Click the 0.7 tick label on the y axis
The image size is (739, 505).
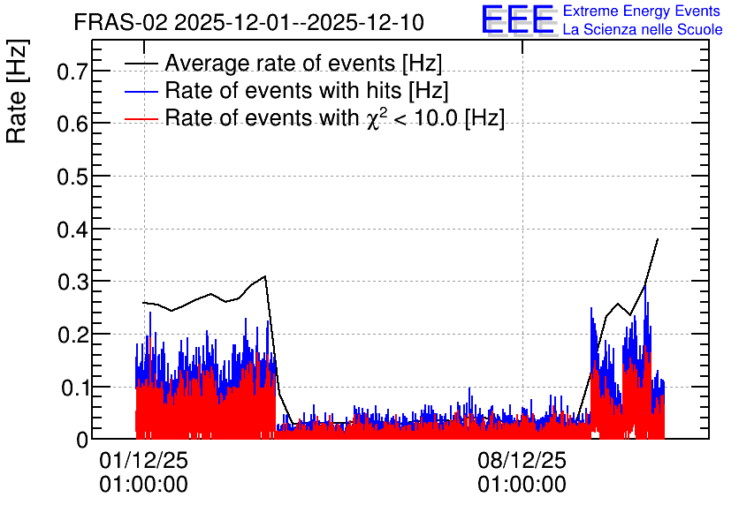point(72,72)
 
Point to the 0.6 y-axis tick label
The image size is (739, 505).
point(72,124)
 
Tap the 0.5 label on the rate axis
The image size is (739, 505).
point(72,177)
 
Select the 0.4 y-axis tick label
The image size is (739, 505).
point(72,230)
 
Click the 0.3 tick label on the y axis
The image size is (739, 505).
point(72,282)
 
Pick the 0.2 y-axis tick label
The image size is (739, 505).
point(72,335)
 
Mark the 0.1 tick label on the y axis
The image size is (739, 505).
point(74,388)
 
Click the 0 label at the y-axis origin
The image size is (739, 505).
point(82,440)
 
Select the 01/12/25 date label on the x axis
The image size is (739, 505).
point(143,460)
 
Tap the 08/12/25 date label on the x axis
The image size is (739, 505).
point(522,460)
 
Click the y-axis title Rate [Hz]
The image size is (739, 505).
point(17,91)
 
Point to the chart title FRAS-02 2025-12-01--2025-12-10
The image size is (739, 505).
point(249,22)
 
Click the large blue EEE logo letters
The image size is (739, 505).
point(517,19)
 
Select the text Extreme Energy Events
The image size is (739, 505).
point(642,11)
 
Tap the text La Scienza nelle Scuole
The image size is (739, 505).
point(643,29)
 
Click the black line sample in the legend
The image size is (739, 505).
point(141,64)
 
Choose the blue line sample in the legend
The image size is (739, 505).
point(141,91)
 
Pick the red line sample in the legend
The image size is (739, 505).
point(141,118)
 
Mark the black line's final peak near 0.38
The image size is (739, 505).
point(658,239)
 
